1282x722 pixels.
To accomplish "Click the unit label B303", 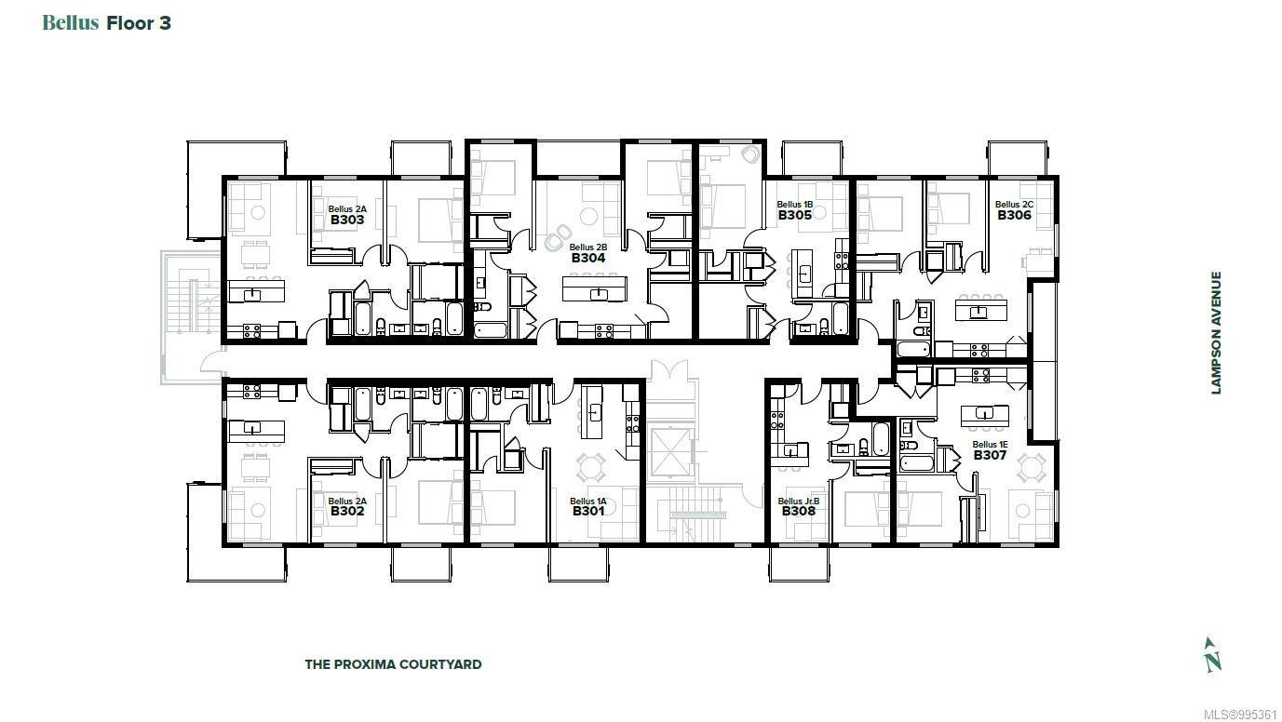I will tap(346, 221).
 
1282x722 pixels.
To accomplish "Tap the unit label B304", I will tap(588, 258).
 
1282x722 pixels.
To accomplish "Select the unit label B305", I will tap(795, 216).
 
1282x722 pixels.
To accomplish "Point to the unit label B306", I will tap(1014, 215).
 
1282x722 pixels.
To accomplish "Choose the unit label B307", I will tap(990, 456).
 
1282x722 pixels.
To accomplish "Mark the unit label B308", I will tap(798, 511).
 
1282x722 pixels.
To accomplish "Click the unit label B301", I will tap(588, 511).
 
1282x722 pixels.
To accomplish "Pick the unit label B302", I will tap(346, 511).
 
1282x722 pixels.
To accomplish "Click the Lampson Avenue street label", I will tap(1216, 332).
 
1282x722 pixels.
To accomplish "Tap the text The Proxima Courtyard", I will tap(393, 664).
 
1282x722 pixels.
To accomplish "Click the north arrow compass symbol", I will tap(1212, 654).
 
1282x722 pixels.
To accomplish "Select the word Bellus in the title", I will tap(71, 23).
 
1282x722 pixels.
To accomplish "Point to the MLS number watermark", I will tap(1242, 714).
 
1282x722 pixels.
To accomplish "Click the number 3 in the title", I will tap(165, 23).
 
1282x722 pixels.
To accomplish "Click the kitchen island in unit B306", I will tap(978, 312).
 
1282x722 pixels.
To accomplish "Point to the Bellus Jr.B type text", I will tap(798, 501).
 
